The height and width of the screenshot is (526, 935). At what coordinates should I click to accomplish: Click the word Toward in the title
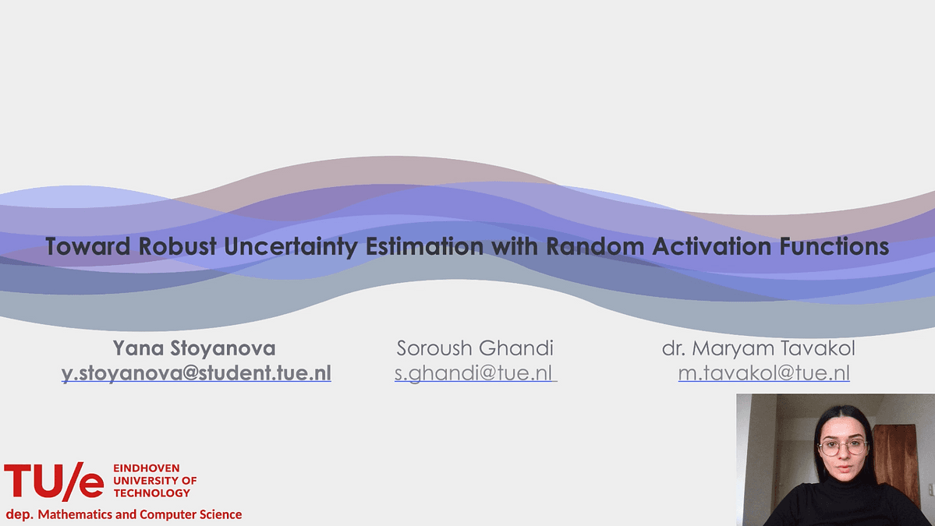coord(87,246)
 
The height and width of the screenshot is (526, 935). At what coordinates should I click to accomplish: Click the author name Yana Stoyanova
coord(194,348)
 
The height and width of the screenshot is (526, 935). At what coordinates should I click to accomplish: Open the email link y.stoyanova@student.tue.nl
coord(197,373)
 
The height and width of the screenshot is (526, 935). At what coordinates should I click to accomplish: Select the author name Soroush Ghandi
coord(475,348)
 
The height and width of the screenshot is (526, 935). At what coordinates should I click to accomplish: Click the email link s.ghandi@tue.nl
coord(475,373)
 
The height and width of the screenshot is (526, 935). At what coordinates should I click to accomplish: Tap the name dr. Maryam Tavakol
coord(759,348)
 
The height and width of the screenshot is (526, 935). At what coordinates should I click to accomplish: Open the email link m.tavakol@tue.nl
coord(764,373)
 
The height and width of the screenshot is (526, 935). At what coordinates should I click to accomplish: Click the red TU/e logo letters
coord(54,481)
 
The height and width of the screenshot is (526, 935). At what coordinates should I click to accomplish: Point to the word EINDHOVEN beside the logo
coord(146,468)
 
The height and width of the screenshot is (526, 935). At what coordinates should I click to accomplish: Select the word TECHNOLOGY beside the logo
coord(151,493)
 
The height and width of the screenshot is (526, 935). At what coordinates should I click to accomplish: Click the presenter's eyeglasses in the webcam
coord(842,447)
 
